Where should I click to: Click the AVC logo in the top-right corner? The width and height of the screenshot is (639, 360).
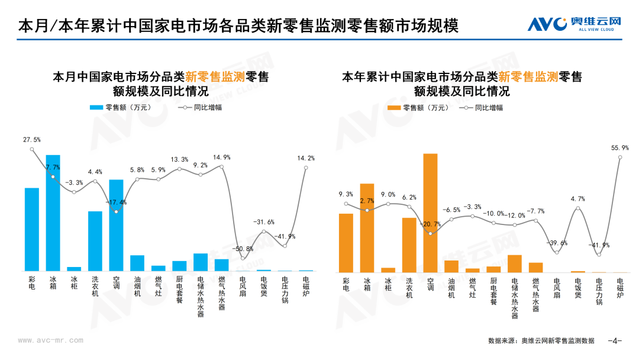click(574, 24)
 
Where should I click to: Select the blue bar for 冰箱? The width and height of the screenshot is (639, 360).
click(53, 213)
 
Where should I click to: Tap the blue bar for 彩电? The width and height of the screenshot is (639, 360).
click(32, 230)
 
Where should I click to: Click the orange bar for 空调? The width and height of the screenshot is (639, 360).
click(430, 213)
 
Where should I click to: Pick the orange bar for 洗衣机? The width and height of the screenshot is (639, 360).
click(409, 245)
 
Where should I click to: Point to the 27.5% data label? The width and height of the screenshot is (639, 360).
click(32, 140)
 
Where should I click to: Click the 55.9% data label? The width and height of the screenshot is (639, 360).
click(620, 148)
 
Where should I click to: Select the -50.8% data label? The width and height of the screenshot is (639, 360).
click(243, 249)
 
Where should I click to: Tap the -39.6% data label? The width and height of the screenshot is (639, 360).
click(557, 243)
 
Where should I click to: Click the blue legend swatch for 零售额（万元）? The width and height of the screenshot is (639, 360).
click(96, 108)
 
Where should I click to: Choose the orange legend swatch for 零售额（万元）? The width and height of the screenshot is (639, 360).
click(394, 108)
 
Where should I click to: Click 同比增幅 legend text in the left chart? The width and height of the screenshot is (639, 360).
click(208, 108)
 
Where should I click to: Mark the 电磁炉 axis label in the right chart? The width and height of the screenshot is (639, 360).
click(620, 288)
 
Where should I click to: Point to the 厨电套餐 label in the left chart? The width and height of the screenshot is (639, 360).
click(180, 290)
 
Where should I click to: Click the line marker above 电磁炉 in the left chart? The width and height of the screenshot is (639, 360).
click(306, 168)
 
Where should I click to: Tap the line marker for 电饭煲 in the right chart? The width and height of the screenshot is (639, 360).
click(578, 208)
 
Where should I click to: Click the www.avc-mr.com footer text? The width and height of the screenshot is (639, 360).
click(50, 340)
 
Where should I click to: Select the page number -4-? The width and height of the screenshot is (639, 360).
click(615, 340)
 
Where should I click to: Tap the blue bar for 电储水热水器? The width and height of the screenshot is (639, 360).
click(201, 262)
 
